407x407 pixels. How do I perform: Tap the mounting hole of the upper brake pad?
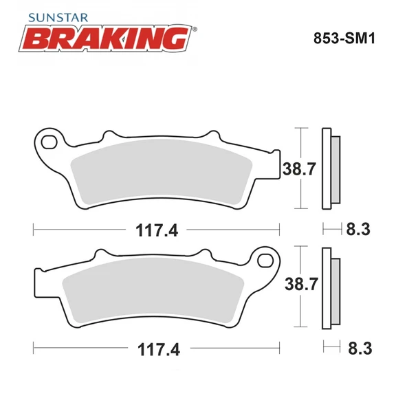[49, 143]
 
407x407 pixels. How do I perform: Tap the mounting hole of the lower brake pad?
[265, 261]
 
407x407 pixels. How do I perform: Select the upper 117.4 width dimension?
[156, 231]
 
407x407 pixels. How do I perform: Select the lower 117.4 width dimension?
[156, 349]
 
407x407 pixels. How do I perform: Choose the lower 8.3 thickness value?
[360, 349]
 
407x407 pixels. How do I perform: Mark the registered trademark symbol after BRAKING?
[195, 29]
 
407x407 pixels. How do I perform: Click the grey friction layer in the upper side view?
[335, 168]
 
